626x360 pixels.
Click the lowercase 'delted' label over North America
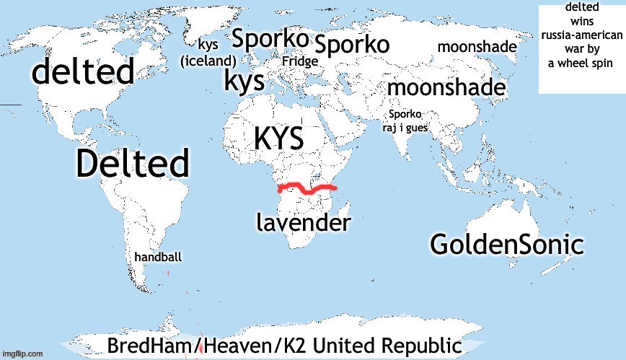tap(83, 72)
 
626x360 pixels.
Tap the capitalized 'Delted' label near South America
tap(133, 164)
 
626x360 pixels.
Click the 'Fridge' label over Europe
tap(299, 62)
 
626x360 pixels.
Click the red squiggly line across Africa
tap(307, 190)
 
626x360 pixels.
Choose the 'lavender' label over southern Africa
tap(304, 223)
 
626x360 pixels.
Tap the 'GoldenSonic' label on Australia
tap(506, 245)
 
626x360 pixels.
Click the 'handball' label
tap(158, 258)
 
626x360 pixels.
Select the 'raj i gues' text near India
tap(406, 128)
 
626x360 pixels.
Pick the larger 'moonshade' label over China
tap(446, 88)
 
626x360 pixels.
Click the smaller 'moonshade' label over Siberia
tap(477, 48)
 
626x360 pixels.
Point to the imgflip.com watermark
tap(22, 354)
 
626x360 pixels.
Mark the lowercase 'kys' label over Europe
tap(244, 81)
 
